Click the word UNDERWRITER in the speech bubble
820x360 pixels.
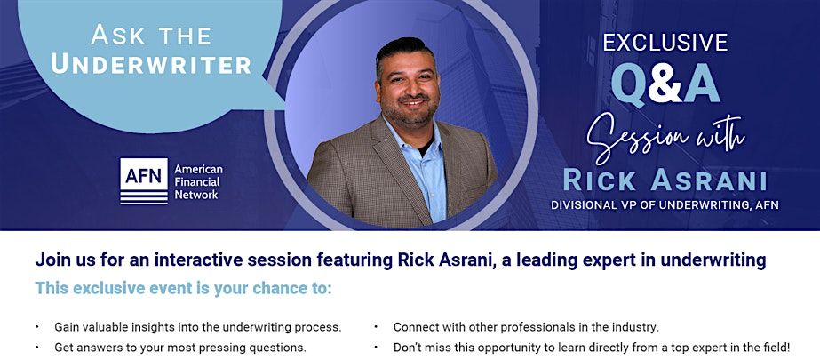tap(151, 64)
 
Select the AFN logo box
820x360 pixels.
tap(144, 181)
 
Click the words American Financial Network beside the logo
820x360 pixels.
tap(198, 181)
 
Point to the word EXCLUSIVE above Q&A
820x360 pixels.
tap(665, 43)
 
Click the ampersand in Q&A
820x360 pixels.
tap(665, 84)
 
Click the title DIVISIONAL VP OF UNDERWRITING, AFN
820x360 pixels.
tap(665, 205)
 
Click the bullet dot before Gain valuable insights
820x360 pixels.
tap(37, 327)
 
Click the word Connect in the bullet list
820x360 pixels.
tap(415, 328)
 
